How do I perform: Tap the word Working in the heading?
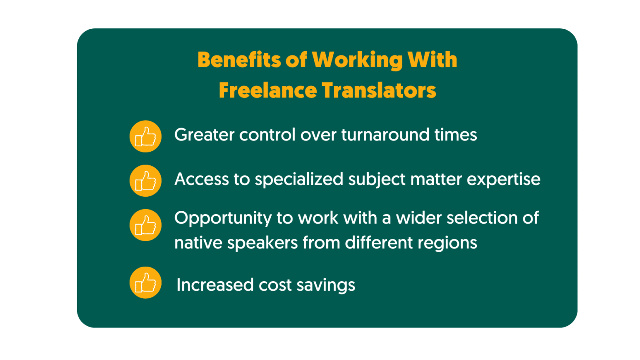[x=357, y=60]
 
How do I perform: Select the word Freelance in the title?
[x=268, y=90]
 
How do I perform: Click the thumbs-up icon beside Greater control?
[x=145, y=136]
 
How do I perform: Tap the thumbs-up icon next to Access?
[x=145, y=180]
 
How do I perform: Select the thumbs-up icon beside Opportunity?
[x=145, y=225]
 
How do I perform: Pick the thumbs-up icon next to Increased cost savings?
[x=145, y=282]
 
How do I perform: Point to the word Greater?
[x=204, y=135]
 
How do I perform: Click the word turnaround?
[x=385, y=135]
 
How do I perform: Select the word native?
[x=198, y=242]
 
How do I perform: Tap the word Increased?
[x=215, y=285]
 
